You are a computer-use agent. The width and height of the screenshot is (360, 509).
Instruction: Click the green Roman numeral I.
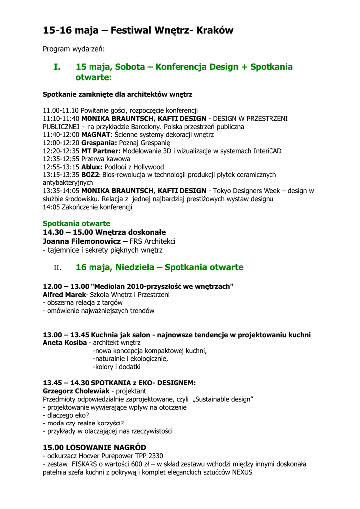pyautogui.click(x=57, y=67)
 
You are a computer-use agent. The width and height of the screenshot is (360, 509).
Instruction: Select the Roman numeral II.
pyautogui.click(x=57, y=268)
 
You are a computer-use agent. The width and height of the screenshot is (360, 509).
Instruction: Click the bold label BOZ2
pyautogui.click(x=91, y=175)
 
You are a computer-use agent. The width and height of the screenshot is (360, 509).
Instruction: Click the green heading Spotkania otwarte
pyautogui.click(x=77, y=224)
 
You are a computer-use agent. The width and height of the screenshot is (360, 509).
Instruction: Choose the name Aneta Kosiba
pyautogui.click(x=65, y=343)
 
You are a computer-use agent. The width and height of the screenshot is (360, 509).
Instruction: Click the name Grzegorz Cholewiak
pyautogui.click(x=76, y=391)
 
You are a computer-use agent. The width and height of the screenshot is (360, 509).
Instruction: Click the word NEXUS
pyautogui.click(x=239, y=473)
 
